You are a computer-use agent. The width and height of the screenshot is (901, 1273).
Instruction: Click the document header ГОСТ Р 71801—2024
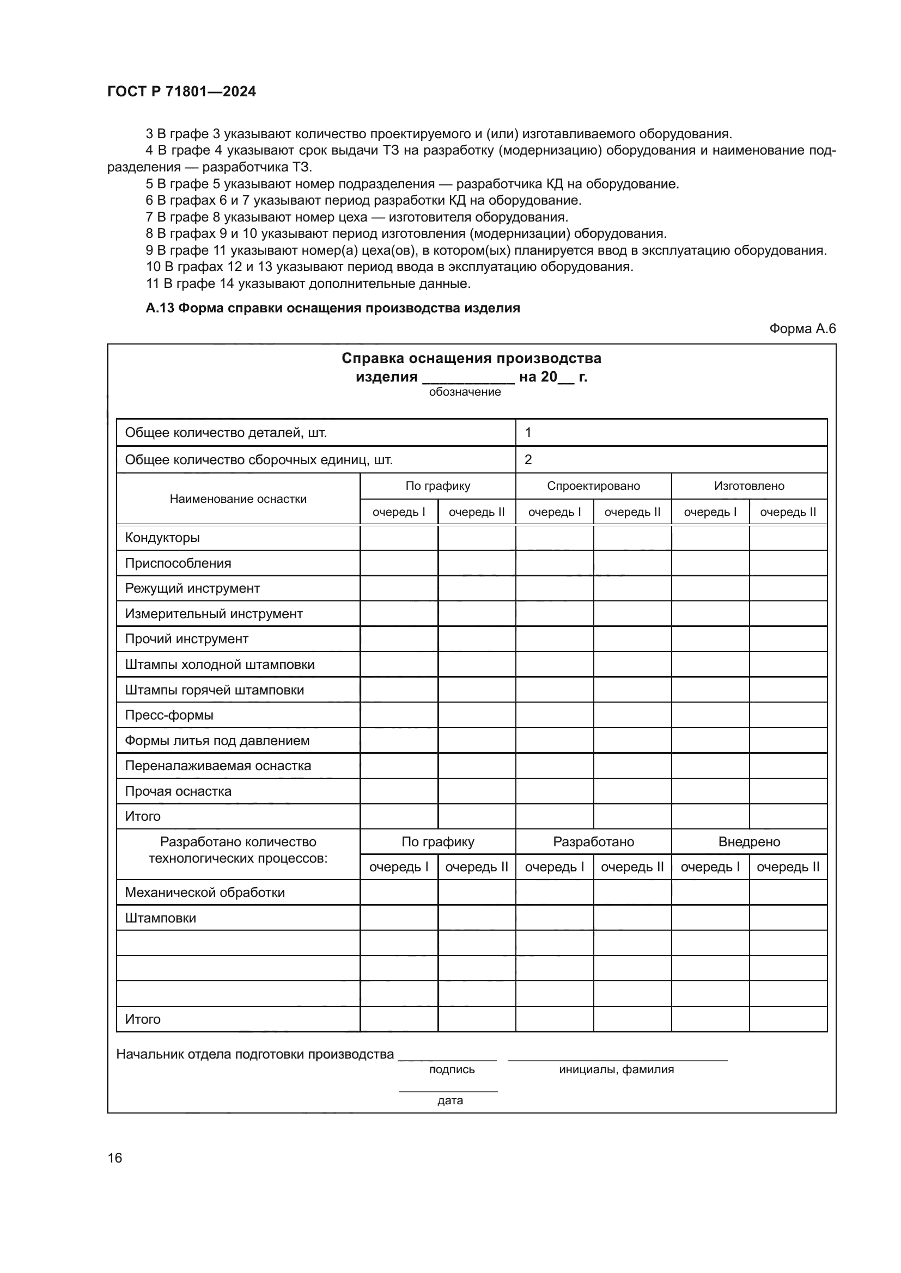(181, 91)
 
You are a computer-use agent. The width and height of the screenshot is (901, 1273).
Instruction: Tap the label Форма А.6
(802, 329)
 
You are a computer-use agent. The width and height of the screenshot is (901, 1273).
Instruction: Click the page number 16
(115, 1158)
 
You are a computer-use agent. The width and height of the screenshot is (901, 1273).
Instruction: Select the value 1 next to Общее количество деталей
(528, 433)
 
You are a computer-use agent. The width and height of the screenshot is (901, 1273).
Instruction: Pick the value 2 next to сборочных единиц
(528, 460)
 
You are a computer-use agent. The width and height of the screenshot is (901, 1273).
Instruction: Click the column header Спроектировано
(593, 485)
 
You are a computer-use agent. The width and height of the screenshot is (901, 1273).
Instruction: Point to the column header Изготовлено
(748, 485)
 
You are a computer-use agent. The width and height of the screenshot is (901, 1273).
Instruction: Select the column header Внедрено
(748, 841)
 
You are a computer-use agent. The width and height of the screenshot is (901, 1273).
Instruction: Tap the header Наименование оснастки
(238, 499)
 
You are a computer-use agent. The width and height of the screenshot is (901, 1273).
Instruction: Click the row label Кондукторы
(162, 538)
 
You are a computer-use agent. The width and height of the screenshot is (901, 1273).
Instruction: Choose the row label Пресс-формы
(169, 715)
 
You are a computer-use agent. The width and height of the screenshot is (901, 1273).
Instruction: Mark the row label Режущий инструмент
(192, 588)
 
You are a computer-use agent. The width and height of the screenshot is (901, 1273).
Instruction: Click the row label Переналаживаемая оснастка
(217, 766)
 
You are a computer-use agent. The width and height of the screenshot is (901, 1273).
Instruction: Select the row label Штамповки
(160, 918)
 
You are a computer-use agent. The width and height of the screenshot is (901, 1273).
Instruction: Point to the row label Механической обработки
(204, 893)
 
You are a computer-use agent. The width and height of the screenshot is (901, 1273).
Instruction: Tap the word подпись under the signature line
(452, 1069)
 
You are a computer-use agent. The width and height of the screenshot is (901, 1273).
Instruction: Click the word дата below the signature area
(450, 1100)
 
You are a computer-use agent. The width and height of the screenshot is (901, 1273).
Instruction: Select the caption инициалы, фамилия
(616, 1069)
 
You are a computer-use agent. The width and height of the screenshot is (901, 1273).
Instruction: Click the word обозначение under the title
(464, 392)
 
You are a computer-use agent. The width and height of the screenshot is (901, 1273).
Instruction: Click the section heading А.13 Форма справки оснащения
(332, 308)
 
